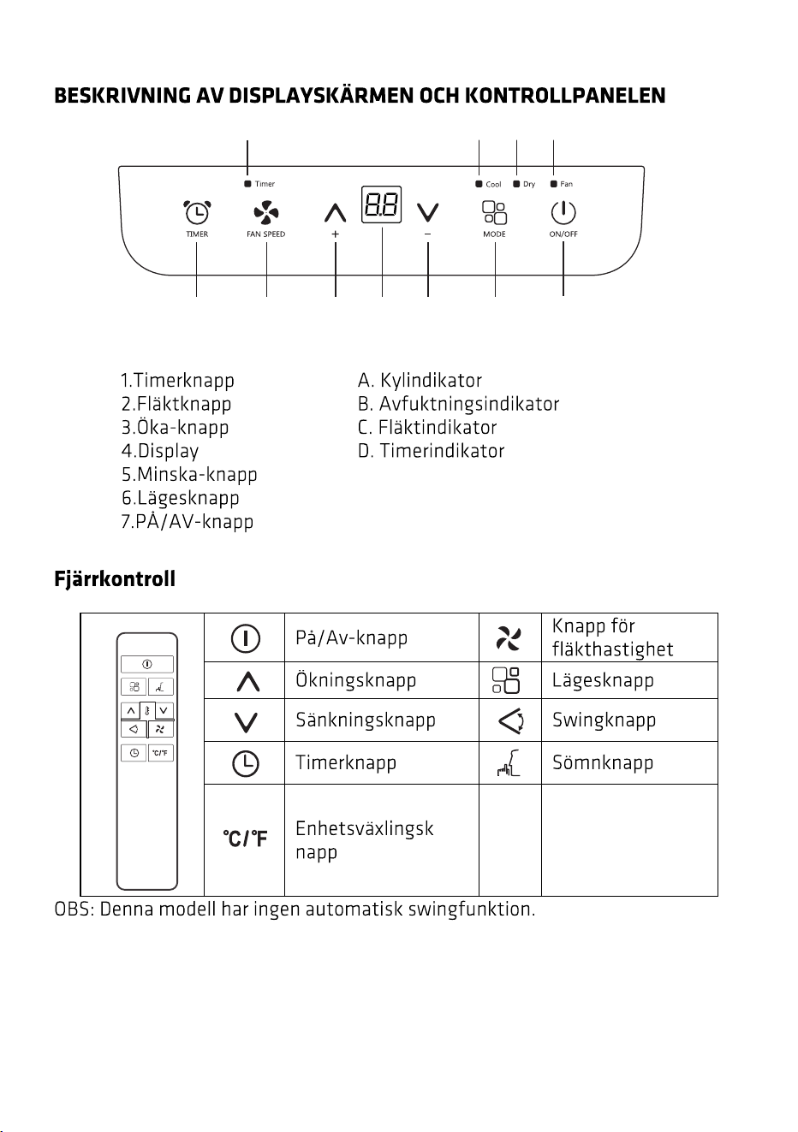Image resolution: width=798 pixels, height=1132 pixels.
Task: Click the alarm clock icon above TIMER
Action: point(197,212)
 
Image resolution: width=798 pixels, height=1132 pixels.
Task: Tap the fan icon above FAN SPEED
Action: point(266,212)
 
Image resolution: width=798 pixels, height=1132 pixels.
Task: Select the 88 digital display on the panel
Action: point(381,204)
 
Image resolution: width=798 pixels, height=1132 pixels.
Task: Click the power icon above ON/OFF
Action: point(563,212)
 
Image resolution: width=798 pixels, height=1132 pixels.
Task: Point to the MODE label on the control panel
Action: point(494,234)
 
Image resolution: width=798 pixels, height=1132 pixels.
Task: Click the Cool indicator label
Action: point(493,184)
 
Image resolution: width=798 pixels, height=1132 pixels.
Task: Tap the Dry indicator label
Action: point(529,184)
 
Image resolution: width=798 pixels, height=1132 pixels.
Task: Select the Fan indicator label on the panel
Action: point(566,184)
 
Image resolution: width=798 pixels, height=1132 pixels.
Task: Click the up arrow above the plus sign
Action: point(335,213)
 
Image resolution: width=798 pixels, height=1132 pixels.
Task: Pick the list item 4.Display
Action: point(160,451)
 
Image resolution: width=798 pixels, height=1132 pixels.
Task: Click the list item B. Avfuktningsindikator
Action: point(458,404)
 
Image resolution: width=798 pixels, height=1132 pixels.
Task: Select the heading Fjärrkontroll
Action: point(115,578)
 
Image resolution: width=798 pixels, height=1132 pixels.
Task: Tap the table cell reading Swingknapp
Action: point(604,720)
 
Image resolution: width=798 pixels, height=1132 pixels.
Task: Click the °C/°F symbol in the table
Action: point(245,839)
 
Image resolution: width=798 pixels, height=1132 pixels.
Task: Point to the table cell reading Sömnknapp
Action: point(603,762)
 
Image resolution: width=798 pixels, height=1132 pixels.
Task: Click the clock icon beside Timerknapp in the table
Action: point(245,763)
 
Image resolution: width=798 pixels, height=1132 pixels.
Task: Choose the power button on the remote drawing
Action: point(147,664)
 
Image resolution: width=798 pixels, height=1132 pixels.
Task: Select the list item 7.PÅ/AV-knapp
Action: point(188,521)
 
